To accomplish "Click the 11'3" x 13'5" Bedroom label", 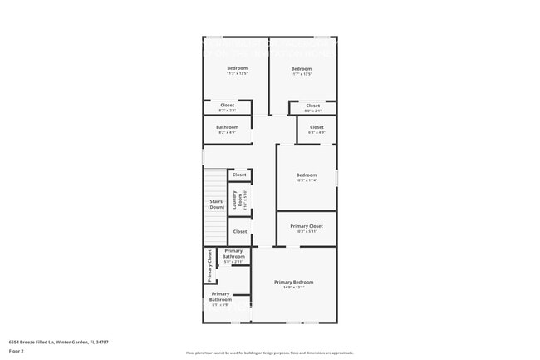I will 237,71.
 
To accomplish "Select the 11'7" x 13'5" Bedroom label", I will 302,71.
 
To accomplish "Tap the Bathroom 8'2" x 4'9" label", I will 227,130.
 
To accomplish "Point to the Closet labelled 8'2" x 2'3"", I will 227,107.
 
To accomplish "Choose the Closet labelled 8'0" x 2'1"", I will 312,107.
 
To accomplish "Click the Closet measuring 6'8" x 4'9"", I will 317,130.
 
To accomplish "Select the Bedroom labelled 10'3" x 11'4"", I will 307,177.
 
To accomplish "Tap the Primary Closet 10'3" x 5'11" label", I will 307,229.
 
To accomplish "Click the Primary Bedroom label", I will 294,282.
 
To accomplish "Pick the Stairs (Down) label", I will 216,204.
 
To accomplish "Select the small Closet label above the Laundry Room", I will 239,175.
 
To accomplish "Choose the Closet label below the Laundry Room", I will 239,231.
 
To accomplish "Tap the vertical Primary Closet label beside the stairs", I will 209,265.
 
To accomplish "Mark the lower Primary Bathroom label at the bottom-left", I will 220,298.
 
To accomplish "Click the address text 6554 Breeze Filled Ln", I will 59,342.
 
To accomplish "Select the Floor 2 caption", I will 17,351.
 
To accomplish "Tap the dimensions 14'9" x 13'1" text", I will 294,288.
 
